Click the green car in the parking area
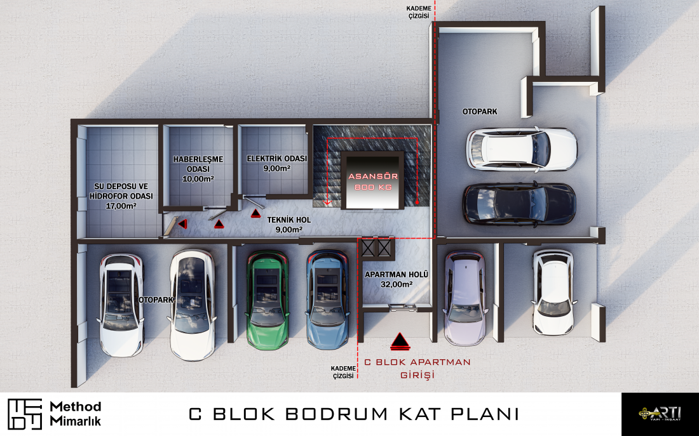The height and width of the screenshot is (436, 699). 268,300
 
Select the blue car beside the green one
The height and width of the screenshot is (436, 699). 328,300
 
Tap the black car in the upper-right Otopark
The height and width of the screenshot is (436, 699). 519,204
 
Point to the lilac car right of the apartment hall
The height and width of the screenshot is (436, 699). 465,298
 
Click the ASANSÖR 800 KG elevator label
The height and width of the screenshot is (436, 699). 373,182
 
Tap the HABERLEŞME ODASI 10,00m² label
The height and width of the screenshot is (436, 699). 198,169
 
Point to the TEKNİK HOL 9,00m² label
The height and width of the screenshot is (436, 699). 289,225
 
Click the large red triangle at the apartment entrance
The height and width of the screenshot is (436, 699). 400,341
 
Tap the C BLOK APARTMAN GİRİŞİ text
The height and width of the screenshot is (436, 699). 417,368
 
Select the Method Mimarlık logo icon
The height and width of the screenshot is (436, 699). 25,414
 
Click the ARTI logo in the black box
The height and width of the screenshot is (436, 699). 660,413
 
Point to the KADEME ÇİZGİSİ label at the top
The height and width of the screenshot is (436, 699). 419,12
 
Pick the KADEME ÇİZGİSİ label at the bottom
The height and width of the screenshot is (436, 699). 343,372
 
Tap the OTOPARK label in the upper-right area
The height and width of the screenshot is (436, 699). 480,112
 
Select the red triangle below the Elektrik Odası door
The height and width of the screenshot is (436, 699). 255,213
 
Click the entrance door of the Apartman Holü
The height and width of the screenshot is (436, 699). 403,307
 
